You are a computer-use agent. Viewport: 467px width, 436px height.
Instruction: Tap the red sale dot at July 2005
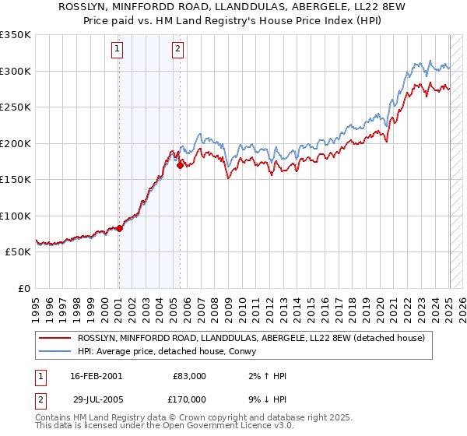click(180, 165)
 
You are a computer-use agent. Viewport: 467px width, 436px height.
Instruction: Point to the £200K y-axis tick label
click(15, 143)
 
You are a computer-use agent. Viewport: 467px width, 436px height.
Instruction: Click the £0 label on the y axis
click(24, 288)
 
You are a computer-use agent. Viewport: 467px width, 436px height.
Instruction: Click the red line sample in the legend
click(54, 338)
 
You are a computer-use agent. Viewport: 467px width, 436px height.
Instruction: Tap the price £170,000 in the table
click(190, 399)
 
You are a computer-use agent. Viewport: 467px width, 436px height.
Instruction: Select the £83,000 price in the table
click(190, 376)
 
